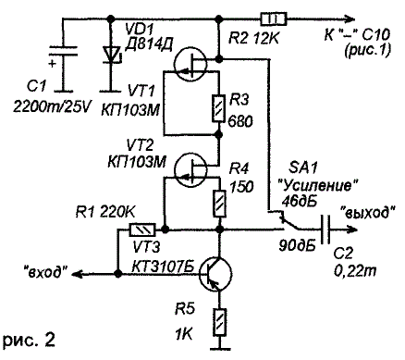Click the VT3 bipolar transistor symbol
[x=215, y=273]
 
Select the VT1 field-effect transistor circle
[x=190, y=64]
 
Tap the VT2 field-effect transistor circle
[x=190, y=170]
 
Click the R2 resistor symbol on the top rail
[x=274, y=19]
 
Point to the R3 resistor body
[x=219, y=108]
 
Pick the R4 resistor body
[x=219, y=204]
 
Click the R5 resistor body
[x=219, y=322]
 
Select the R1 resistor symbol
[x=142, y=230]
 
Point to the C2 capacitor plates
[x=325, y=230]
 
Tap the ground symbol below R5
[x=219, y=349]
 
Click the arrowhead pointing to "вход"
[x=78, y=273]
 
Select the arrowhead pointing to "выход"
[x=351, y=230]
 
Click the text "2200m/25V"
[x=52, y=107]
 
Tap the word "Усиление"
[x=318, y=186]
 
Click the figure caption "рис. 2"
[x=30, y=340]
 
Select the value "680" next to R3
[x=240, y=121]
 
